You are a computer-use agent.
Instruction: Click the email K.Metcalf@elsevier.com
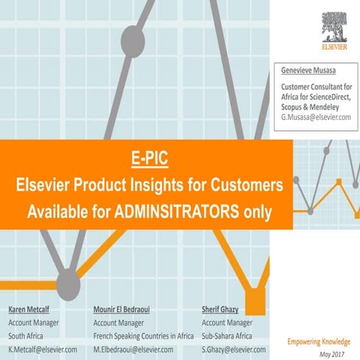pyautogui.click(x=43, y=349)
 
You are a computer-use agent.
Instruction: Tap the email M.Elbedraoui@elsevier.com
pyautogui.click(x=133, y=349)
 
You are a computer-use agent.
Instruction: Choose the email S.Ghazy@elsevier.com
pyautogui.click(x=234, y=349)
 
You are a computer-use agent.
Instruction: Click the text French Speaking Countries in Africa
pyautogui.click(x=143, y=336)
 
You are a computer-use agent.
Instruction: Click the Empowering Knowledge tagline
pyautogui.click(x=319, y=342)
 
